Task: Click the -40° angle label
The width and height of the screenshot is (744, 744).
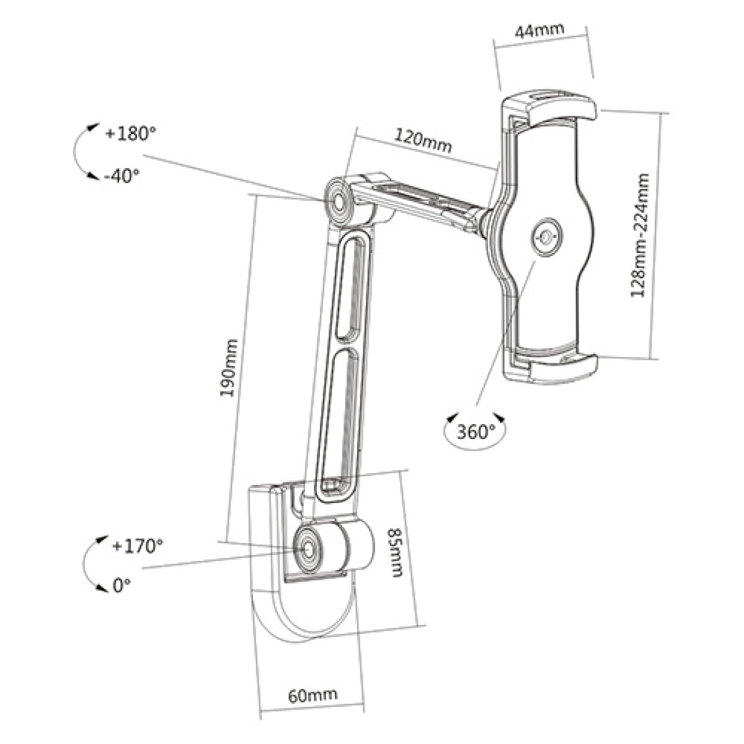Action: point(122,176)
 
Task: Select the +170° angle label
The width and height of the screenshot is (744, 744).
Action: point(138,546)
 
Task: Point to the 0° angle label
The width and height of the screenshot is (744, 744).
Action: point(122,584)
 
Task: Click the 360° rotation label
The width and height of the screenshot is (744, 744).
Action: point(476,431)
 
